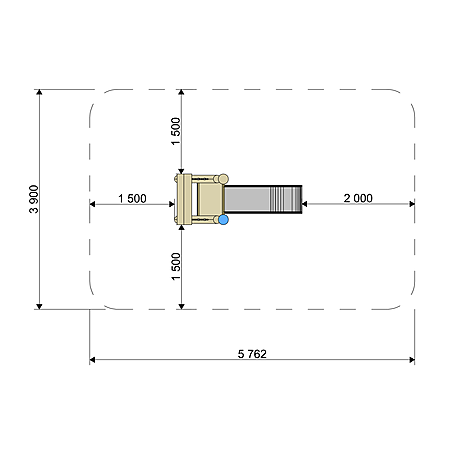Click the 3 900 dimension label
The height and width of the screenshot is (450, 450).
click(x=34, y=199)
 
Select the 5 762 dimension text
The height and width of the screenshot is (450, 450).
click(x=252, y=354)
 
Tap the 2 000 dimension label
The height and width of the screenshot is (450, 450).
click(x=358, y=198)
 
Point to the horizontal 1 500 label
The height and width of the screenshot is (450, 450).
click(x=132, y=198)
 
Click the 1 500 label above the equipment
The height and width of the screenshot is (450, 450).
click(x=175, y=131)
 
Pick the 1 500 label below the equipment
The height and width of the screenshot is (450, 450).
click(x=175, y=266)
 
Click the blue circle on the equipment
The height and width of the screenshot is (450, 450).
click(x=223, y=220)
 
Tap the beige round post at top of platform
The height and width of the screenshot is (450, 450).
click(x=223, y=179)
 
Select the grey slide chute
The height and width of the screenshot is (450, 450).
click(x=263, y=199)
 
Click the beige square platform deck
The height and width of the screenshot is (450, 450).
click(x=210, y=199)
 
